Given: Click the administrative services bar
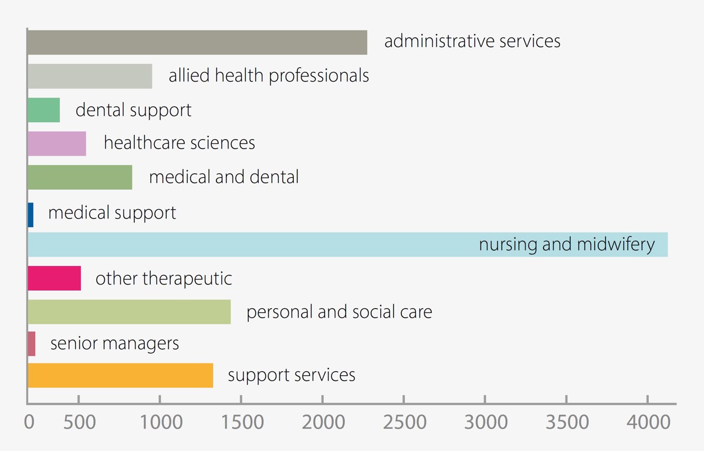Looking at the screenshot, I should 197,42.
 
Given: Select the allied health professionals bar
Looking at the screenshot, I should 90,76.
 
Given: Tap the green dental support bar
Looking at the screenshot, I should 43,110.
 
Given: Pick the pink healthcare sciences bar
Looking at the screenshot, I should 57,144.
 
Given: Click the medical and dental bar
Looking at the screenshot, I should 80,177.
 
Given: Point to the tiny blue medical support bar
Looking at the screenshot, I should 31,214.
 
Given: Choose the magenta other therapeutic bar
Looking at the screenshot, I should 54,278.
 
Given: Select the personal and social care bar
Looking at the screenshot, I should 129,312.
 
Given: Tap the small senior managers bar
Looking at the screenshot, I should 32,344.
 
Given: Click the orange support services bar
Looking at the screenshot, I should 120,376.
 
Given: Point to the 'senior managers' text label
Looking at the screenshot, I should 114,343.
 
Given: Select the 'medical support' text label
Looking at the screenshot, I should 112,213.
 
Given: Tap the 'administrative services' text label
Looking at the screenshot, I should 472,42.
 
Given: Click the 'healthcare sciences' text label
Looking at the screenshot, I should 180,143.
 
